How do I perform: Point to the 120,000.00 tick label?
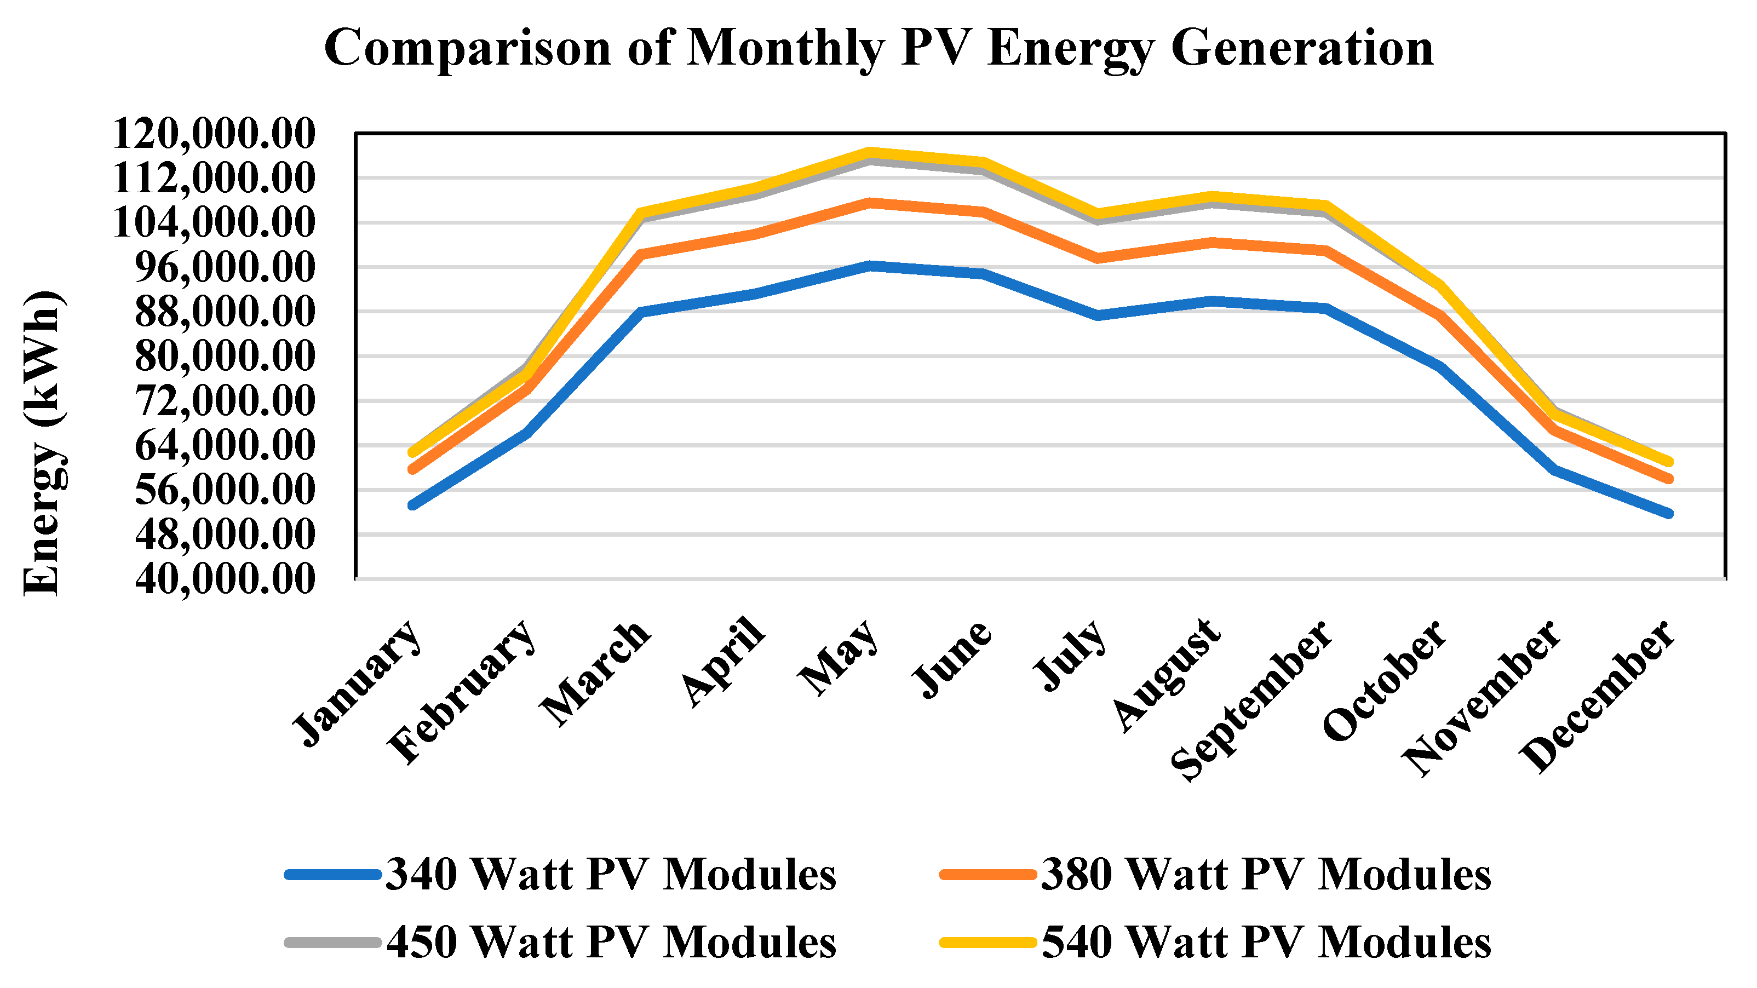click(x=214, y=134)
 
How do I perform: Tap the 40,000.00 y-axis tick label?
click(x=225, y=579)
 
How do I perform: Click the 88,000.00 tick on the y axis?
click(x=225, y=312)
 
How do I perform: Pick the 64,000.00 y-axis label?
click(x=225, y=446)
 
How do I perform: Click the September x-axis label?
click(x=1251, y=701)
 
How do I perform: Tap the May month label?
click(x=839, y=657)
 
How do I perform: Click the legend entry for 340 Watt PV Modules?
click(x=561, y=874)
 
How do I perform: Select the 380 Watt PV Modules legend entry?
click(x=1215, y=874)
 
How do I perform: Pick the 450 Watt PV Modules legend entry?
click(x=561, y=943)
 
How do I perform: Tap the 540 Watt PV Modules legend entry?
click(x=1215, y=943)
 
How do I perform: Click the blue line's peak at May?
click(x=869, y=265)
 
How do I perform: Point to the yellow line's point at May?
click(x=869, y=153)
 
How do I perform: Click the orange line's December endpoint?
click(x=1668, y=479)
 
